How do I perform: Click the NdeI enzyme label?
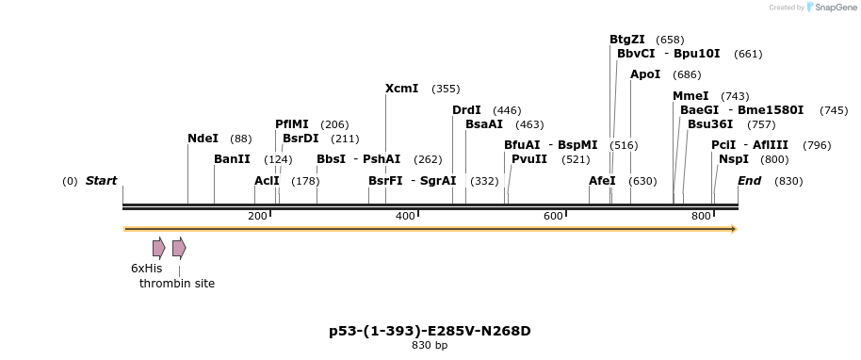point(203,139)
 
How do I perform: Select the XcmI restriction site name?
point(401,89)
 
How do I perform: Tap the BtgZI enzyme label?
point(626,40)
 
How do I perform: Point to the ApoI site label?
point(645,74)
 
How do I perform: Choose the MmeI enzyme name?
point(690,96)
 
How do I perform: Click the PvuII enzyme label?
point(528,159)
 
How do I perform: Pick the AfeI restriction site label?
point(602,181)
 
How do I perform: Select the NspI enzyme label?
point(733,159)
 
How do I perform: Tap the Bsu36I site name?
point(709,124)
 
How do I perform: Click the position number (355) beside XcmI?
point(446,90)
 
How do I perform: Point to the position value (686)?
point(687,75)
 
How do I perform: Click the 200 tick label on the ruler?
point(257,217)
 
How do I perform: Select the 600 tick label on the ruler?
point(553,217)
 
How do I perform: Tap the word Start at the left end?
point(101,181)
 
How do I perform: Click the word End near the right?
point(749,181)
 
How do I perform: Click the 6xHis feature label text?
point(146,269)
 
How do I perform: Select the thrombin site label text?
point(177,284)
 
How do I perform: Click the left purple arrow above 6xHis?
point(158,248)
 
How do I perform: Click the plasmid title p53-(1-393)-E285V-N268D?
point(430,331)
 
